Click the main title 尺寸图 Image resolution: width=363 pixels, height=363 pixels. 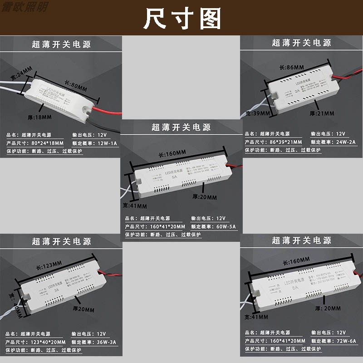[181, 19]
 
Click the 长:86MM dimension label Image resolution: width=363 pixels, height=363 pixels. [291, 67]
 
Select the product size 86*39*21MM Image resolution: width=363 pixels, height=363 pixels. [286, 142]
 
